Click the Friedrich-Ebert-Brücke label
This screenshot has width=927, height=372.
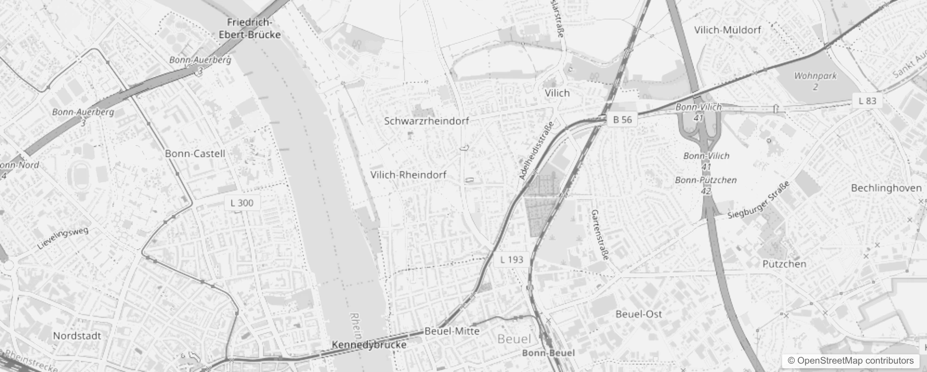(250, 28)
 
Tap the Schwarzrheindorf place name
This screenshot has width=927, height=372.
(426, 121)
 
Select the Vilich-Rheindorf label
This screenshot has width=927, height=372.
(408, 175)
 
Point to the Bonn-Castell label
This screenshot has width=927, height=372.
(195, 153)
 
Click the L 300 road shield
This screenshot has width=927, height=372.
(242, 203)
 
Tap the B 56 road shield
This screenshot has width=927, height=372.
(622, 120)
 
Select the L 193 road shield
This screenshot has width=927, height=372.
(512, 260)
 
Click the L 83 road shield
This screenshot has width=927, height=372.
(867, 101)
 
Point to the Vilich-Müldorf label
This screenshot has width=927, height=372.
(727, 30)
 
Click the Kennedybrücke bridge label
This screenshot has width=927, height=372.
(369, 345)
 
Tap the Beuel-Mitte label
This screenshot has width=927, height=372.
(452, 331)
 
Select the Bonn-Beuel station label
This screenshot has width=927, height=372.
(548, 353)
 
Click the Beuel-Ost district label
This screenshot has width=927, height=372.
(639, 314)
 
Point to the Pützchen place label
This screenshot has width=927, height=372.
(784, 264)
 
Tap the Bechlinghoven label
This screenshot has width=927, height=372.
(886, 188)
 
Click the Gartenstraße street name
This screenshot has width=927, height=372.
(600, 234)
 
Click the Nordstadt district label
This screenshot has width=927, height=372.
(77, 336)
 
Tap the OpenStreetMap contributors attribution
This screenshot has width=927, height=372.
(850, 361)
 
